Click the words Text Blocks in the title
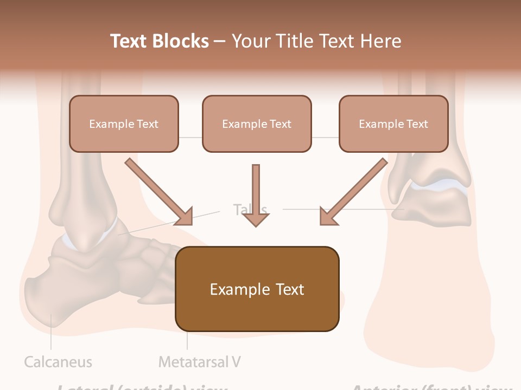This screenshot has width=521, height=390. tap(159, 41)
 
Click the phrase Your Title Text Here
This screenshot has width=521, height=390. tap(316, 41)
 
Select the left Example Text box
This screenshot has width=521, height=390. tap(124, 123)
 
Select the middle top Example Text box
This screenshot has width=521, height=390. tap(257, 123)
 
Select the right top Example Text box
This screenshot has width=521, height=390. tap(393, 123)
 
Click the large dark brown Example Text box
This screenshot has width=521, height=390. tap(257, 289)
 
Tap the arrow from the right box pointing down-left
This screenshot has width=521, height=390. tap(353, 191)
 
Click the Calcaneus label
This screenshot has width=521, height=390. tap(58, 362)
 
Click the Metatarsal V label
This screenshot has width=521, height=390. tap(199, 361)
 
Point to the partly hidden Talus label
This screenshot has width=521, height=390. tap(250, 209)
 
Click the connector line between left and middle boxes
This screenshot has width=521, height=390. tap(190, 137)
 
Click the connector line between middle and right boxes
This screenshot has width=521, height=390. tap(325, 137)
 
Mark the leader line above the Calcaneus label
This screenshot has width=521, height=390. tap(51, 333)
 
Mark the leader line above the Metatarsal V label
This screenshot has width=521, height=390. tap(187, 340)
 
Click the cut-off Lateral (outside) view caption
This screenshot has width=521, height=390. tap(142, 387)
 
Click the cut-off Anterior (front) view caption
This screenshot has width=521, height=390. tap(431, 387)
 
